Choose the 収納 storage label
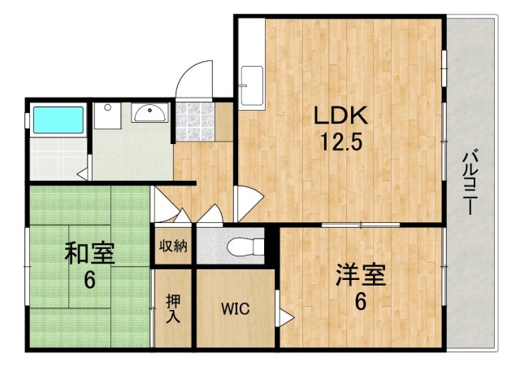click(x=173, y=246)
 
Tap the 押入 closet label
click(x=173, y=308)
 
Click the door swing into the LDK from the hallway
click(x=249, y=200)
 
